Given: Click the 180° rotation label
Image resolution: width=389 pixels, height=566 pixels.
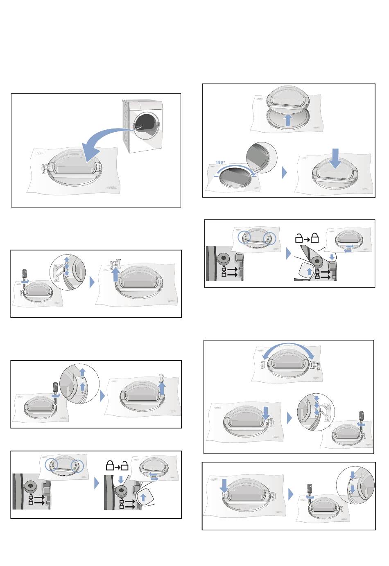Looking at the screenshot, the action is (220, 162).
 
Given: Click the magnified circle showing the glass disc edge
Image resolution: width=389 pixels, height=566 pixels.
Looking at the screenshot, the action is (261, 158).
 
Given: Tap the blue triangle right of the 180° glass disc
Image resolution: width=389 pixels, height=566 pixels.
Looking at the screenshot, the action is (285, 173).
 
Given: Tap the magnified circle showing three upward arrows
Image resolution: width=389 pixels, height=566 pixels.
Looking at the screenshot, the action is (68, 273).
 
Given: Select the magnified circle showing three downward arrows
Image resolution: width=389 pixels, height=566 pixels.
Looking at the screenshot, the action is (316, 412).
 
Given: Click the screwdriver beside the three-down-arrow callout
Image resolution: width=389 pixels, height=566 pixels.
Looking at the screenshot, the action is (362, 420).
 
